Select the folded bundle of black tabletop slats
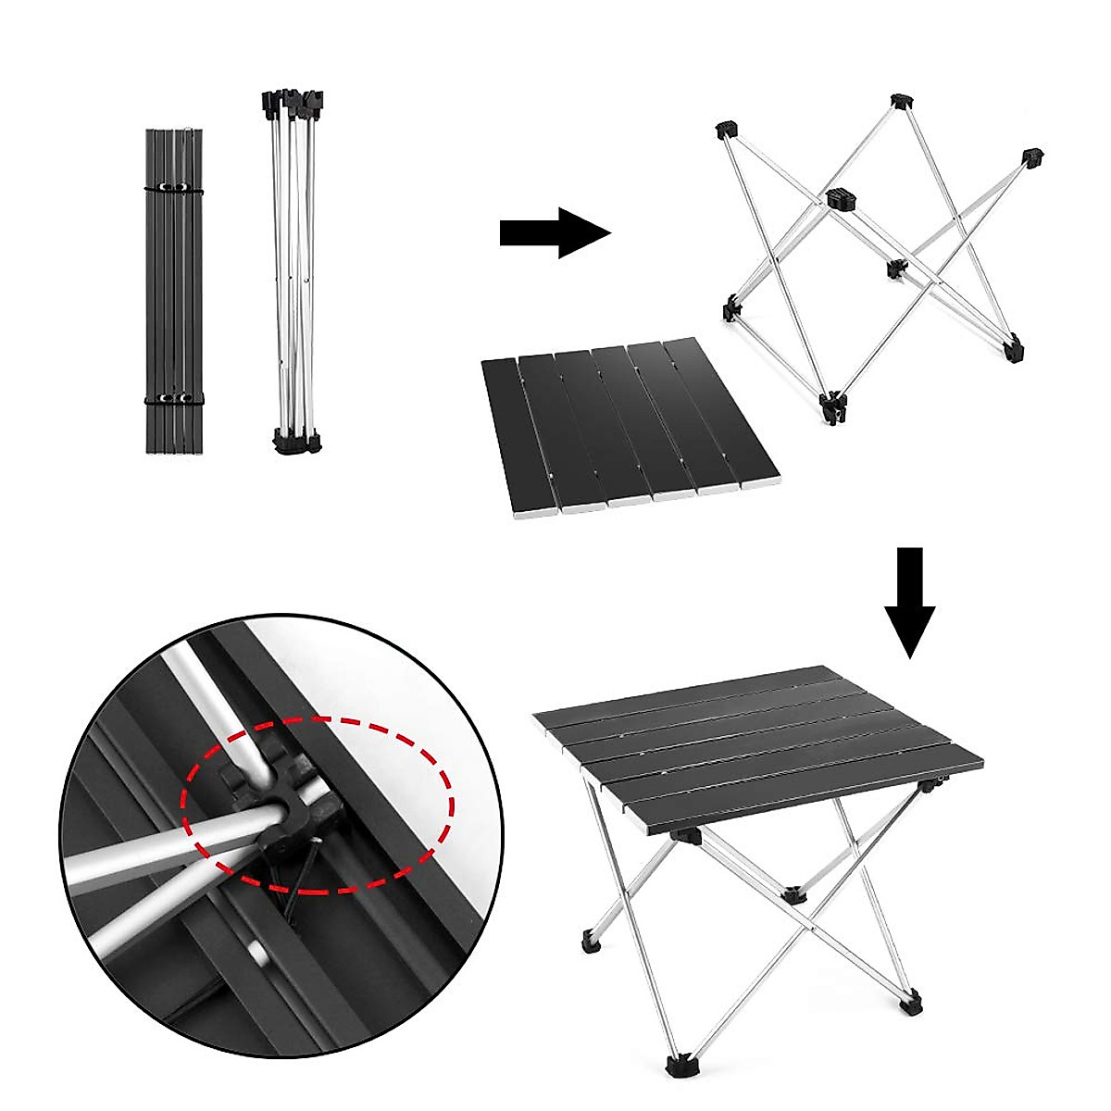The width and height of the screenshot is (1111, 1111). coord(173,291)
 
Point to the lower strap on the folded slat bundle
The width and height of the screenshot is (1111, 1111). coord(173,400)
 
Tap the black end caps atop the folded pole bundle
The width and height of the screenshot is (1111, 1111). coord(293,101)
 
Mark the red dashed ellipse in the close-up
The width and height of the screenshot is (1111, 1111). coord(319,804)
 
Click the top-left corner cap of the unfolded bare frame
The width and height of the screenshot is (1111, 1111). coord(725,131)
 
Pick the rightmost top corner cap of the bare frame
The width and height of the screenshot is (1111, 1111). coord(1032,156)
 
